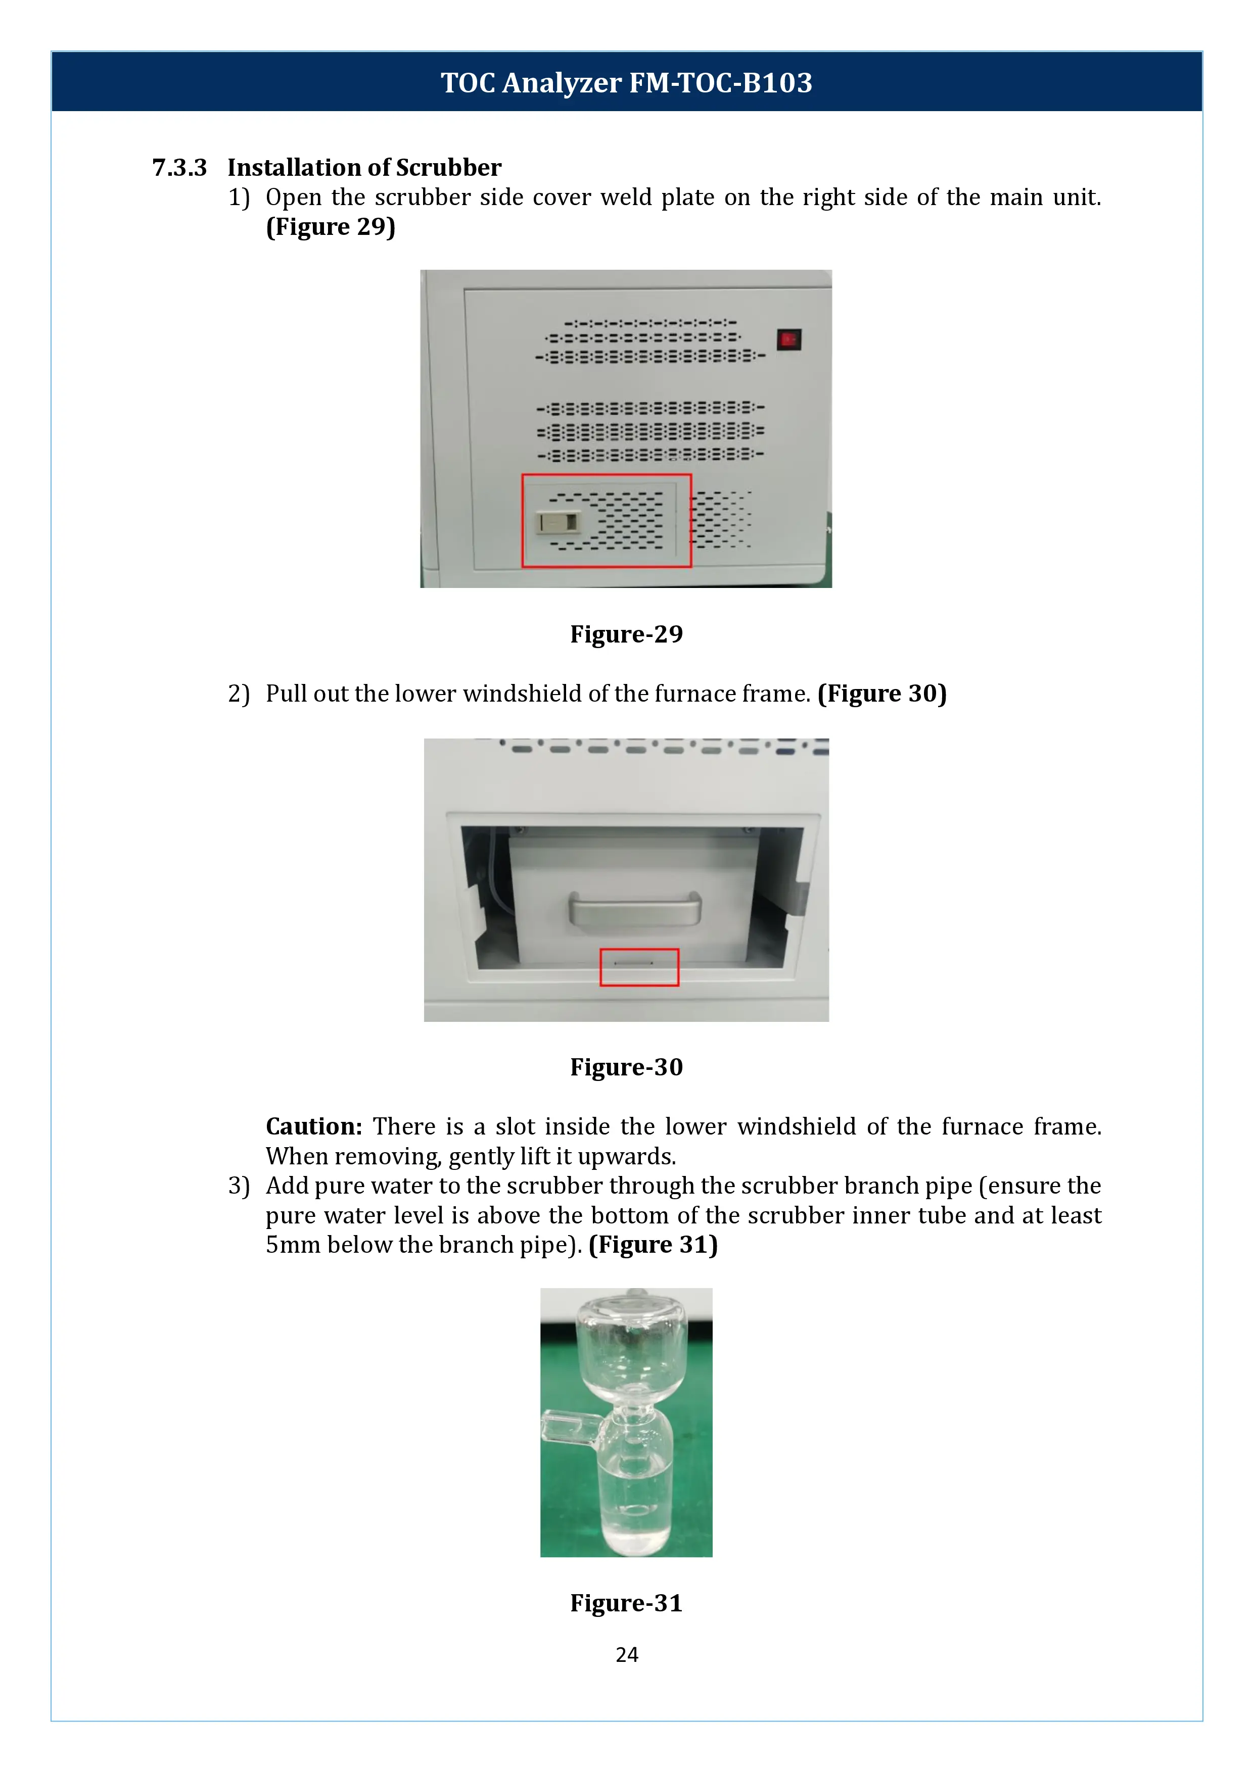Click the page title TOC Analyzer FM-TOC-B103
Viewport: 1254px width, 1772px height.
click(x=626, y=82)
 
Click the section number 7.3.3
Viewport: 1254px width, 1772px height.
click(x=179, y=168)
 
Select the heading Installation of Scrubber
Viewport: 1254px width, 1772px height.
click(x=364, y=168)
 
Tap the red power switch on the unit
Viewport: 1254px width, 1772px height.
click(x=788, y=339)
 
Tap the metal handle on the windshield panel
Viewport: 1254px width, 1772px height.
click(x=635, y=908)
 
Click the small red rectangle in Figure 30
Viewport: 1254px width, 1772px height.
click(x=639, y=967)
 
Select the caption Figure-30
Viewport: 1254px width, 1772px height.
click(x=626, y=1067)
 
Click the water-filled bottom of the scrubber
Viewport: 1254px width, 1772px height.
click(x=635, y=1513)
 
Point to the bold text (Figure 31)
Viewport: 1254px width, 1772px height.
click(x=653, y=1244)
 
